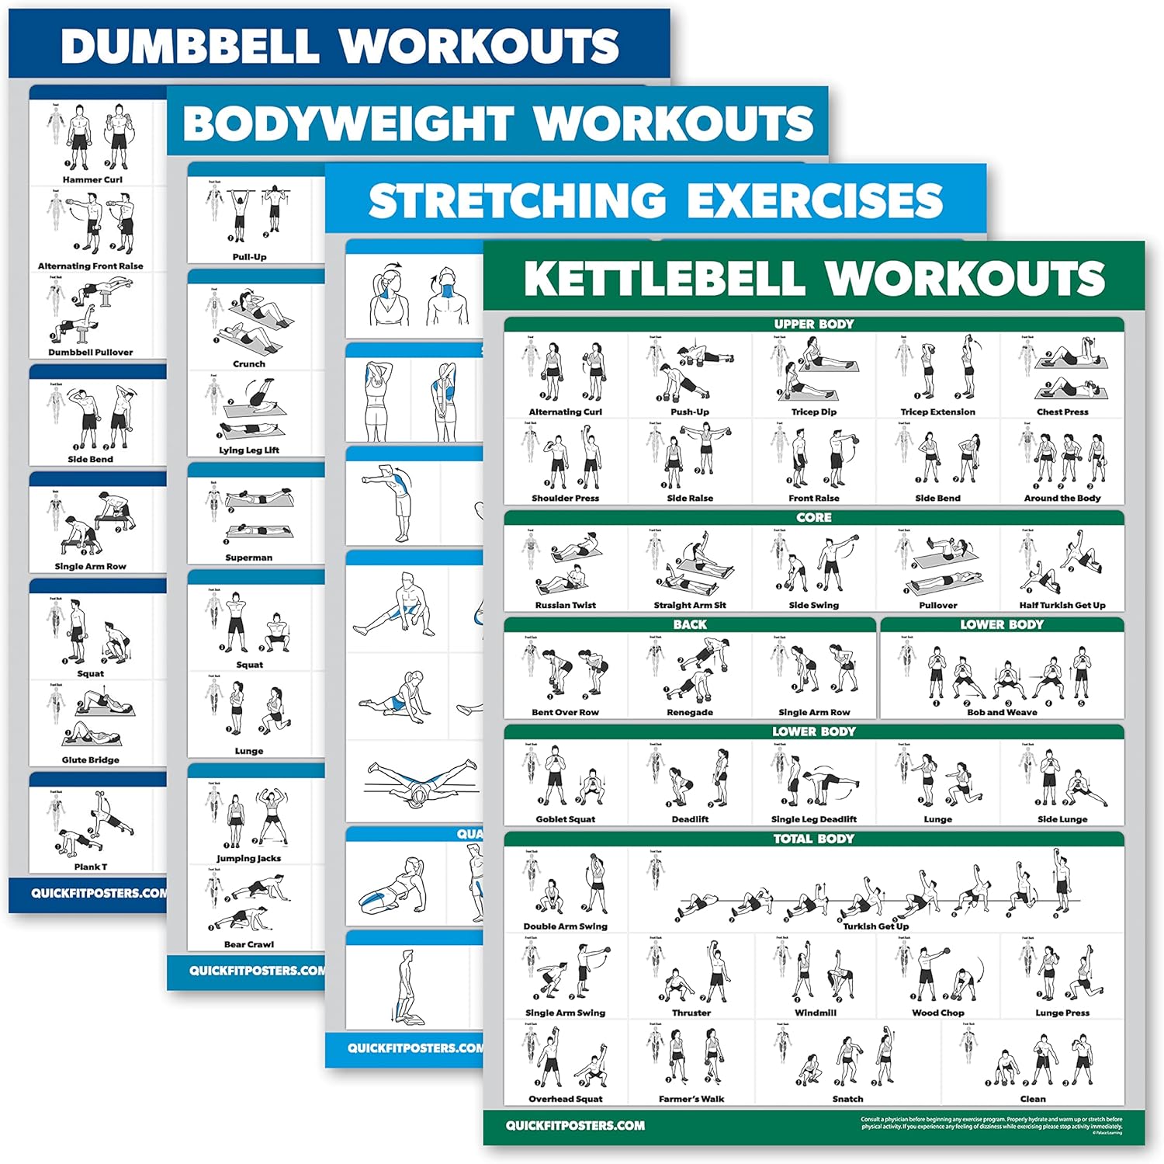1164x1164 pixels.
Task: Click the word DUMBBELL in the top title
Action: click(x=189, y=46)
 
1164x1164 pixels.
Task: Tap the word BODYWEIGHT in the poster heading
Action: click(x=348, y=123)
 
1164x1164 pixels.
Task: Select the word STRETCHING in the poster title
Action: click(x=517, y=201)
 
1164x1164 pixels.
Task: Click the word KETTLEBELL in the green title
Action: click(x=665, y=279)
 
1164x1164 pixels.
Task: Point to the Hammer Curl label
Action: click(x=92, y=179)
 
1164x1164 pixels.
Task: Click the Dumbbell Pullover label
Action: click(x=91, y=352)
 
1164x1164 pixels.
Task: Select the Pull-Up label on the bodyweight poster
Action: click(x=249, y=257)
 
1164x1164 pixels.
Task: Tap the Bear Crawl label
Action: click(x=249, y=944)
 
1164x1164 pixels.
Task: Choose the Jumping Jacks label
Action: click(x=249, y=858)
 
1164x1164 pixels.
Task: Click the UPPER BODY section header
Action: click(x=813, y=324)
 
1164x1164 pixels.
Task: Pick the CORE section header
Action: click(x=813, y=517)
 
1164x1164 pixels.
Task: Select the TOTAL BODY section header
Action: click(x=813, y=839)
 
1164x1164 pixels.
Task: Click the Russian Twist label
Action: click(x=566, y=605)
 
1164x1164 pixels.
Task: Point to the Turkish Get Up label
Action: click(x=875, y=926)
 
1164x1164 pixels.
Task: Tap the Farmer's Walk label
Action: click(x=691, y=1099)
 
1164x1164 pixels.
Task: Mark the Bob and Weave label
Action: click(x=1002, y=712)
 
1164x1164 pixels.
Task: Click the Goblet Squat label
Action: click(x=566, y=819)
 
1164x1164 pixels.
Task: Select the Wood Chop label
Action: click(x=937, y=1013)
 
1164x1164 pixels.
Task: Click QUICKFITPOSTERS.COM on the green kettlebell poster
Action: click(x=575, y=1125)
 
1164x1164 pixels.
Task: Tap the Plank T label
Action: click(x=91, y=867)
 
